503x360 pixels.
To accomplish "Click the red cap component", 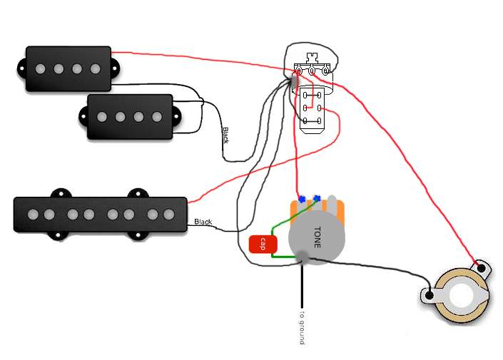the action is click(263, 245).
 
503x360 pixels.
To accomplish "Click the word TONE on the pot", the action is click(317, 237).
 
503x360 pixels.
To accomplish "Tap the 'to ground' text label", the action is click(302, 327).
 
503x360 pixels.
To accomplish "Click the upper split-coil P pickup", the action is click(68, 69).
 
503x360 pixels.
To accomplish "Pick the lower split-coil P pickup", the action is click(130, 117).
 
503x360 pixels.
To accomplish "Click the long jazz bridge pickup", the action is click(100, 215).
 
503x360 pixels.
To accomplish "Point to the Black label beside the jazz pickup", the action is click(203, 222).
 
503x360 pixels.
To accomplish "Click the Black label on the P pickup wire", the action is click(226, 135).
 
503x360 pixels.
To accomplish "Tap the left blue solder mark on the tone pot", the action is click(302, 200).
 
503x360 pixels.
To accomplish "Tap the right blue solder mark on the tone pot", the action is click(317, 198).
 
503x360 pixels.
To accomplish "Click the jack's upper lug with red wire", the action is click(482, 267).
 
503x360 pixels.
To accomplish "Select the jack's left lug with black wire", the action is click(429, 295).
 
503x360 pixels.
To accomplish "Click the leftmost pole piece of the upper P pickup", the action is click(41, 68).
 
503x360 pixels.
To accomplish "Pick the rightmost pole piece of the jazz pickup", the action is click(169, 215).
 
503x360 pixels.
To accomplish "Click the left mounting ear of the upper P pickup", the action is click(21, 68).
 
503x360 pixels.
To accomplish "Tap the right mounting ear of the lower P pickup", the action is click(178, 117).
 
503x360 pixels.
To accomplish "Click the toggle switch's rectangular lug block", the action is click(312, 108).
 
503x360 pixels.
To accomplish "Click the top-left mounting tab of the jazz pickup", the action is click(61, 193).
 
